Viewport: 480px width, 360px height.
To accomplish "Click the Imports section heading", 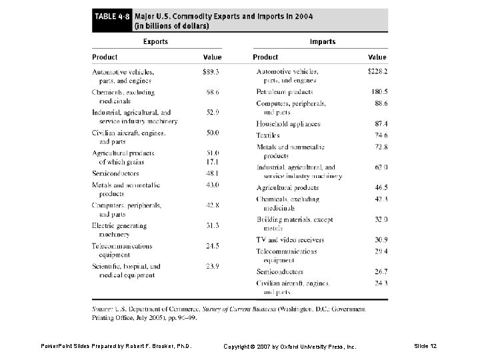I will point(323,41).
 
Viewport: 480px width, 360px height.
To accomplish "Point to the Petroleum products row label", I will point(284,91).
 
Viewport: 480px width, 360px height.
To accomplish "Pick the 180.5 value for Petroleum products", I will point(379,91).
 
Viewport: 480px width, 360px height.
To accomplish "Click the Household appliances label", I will point(288,124).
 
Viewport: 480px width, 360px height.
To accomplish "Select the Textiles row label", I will point(268,135).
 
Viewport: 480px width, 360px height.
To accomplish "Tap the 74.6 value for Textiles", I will point(381,135).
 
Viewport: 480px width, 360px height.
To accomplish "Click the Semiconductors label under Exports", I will point(115,173).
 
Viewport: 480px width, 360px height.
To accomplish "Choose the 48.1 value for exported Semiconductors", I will point(212,173).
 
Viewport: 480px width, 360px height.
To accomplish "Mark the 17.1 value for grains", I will point(212,162).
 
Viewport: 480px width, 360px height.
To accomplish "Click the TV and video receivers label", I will point(290,240).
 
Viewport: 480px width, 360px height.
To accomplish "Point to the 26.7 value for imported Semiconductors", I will point(381,272).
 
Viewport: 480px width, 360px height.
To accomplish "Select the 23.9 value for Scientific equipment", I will point(212,267).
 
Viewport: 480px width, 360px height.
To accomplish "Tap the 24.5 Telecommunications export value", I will point(212,246).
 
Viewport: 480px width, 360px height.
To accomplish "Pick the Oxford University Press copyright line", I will point(289,347).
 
